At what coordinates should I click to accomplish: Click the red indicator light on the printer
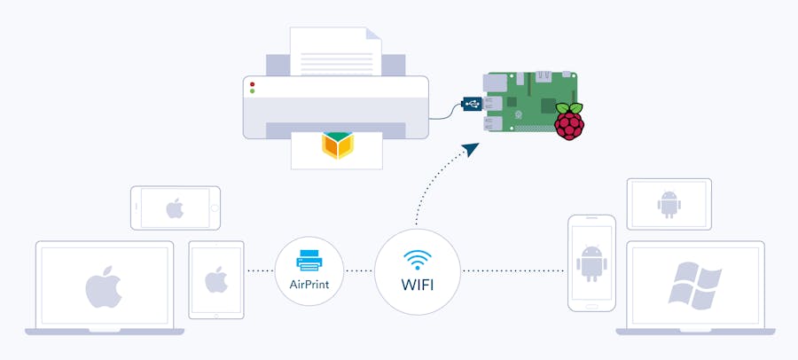pyautogui.click(x=253, y=83)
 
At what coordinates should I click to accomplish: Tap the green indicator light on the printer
pyautogui.click(x=253, y=91)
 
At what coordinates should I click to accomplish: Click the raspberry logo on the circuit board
pyautogui.click(x=569, y=121)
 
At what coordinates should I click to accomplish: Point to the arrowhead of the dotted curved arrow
pyautogui.click(x=470, y=146)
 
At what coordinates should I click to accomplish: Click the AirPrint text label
pyautogui.click(x=309, y=285)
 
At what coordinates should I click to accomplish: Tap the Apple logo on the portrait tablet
pyautogui.click(x=216, y=280)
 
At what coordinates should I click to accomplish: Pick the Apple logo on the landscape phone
pyautogui.click(x=175, y=209)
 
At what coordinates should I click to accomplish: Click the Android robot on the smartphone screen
pyautogui.click(x=591, y=262)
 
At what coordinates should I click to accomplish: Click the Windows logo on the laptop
pyautogui.click(x=694, y=285)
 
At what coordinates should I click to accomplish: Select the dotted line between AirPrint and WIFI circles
pyautogui.click(x=358, y=270)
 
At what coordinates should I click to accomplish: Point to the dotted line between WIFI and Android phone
pyautogui.click(x=513, y=270)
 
